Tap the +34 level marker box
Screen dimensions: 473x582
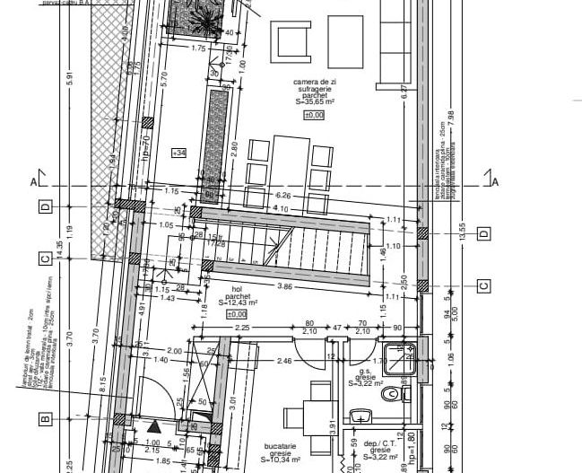(178, 153)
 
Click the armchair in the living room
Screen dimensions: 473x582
(292, 41)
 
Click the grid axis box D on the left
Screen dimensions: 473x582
(44, 207)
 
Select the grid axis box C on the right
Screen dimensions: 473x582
(483, 286)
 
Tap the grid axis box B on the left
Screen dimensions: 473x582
(44, 419)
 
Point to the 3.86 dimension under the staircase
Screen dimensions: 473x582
(284, 286)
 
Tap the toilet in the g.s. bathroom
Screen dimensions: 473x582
(391, 394)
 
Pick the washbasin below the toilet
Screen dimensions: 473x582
(361, 415)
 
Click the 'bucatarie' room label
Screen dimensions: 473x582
(282, 445)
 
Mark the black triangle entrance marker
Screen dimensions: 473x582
(153, 427)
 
